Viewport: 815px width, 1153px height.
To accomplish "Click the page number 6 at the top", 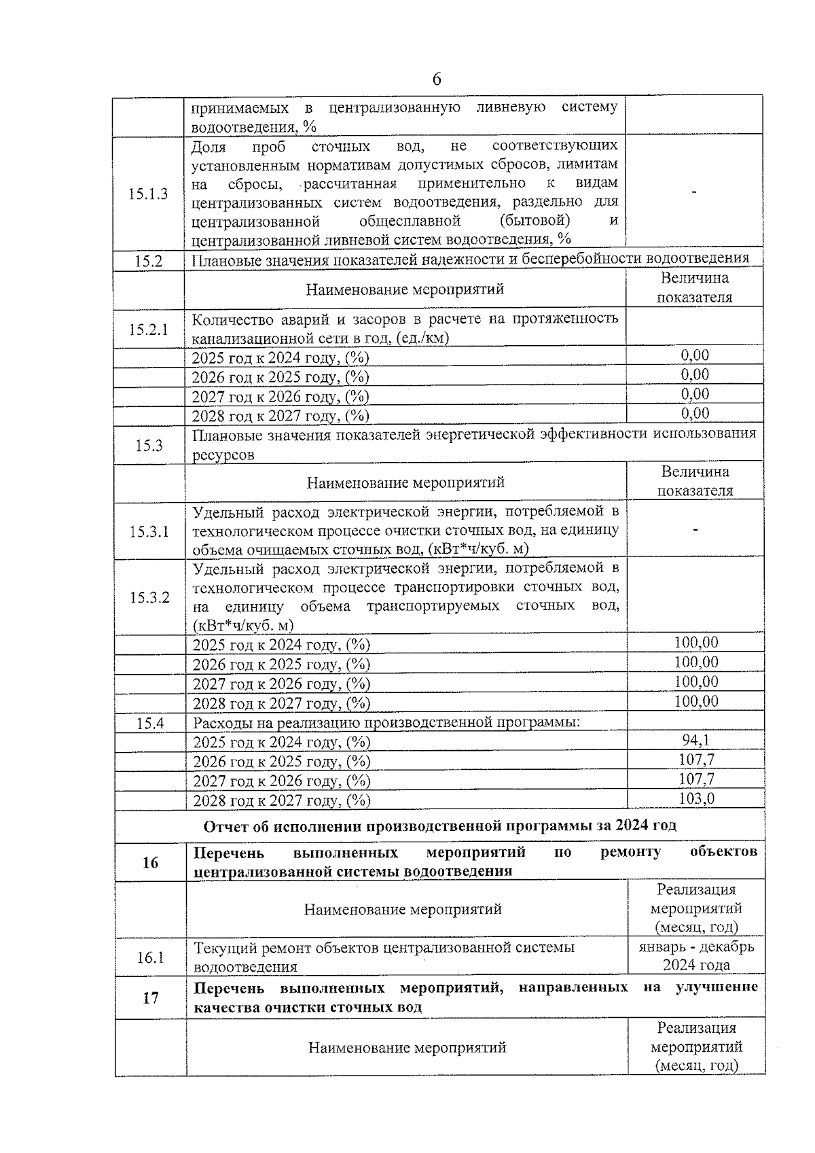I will coord(436,79).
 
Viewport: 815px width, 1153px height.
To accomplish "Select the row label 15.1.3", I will coord(148,194).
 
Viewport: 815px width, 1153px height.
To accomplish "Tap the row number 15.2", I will coord(148,261).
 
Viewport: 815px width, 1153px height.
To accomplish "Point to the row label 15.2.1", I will coord(148,330).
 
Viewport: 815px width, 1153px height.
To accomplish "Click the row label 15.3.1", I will coord(149,531).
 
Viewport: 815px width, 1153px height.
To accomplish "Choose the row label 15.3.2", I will coord(149,597).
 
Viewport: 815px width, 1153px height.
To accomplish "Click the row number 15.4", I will coord(150,724).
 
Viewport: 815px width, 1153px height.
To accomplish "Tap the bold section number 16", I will coord(150,862).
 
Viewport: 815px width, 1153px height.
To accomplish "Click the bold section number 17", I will coord(150,997).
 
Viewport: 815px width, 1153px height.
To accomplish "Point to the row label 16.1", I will coord(150,957).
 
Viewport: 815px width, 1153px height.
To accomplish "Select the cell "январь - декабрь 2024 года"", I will coord(696,956).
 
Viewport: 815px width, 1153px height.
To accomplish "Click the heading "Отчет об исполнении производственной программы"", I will coord(439,826).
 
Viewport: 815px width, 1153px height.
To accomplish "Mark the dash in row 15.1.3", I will coord(693,194).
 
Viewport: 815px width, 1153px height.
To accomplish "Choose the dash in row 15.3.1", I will coord(695,529).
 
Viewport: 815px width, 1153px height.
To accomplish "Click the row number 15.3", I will coord(149,446).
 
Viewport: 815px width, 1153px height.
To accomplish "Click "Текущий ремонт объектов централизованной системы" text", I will coord(384,947).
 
